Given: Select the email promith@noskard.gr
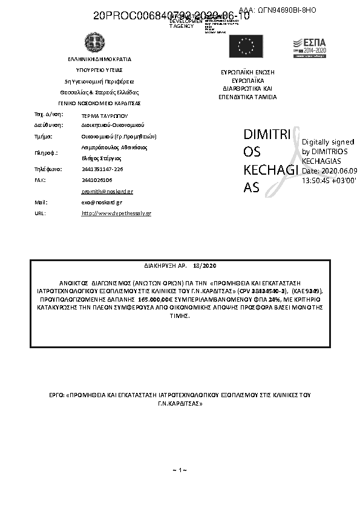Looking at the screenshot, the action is [106, 191].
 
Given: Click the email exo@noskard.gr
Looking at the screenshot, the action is [101, 203].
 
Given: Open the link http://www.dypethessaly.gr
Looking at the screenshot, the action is [116, 213].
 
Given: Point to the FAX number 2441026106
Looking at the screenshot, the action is [97, 180].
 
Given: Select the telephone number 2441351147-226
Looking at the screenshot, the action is [102, 169].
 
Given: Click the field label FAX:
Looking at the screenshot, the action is [40, 180].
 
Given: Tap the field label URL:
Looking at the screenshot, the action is [40, 213].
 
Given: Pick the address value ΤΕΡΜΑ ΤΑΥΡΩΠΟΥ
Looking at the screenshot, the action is [105, 114].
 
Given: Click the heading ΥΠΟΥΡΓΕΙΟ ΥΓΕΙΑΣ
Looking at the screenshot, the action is [99, 70].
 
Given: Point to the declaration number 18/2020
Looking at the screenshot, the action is [205, 265].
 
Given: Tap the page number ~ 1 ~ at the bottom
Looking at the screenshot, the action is [179, 470].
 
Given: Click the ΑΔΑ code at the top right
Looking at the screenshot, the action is [278, 10].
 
